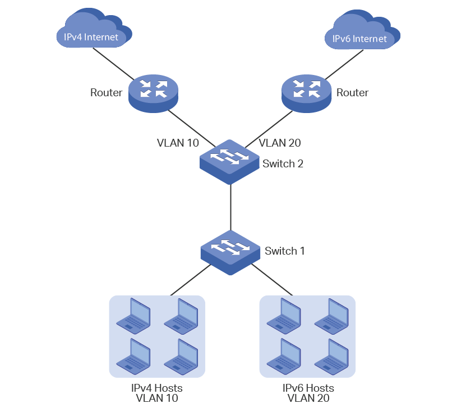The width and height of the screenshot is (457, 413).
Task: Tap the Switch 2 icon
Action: click(x=230, y=160)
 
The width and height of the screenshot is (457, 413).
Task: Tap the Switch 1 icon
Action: click(x=230, y=251)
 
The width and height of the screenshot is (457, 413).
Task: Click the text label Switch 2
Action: click(x=283, y=164)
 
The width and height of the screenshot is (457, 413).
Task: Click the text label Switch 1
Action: click(x=284, y=251)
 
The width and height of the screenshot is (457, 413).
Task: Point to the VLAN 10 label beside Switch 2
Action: click(x=178, y=143)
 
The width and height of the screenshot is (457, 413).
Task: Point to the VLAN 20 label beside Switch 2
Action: click(x=280, y=143)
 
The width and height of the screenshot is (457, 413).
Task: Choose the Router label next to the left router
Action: click(x=106, y=92)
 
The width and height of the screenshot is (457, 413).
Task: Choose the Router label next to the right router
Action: click(x=352, y=92)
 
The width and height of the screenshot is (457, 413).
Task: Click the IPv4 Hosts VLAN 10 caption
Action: click(x=156, y=393)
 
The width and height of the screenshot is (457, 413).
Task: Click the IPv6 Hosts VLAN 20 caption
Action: click(x=308, y=393)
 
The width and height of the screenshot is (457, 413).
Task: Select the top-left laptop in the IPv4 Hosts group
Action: click(x=133, y=314)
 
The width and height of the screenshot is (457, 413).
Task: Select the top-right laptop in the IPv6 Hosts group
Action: click(x=331, y=314)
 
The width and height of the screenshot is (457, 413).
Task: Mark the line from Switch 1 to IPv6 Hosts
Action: click(x=272, y=279)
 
